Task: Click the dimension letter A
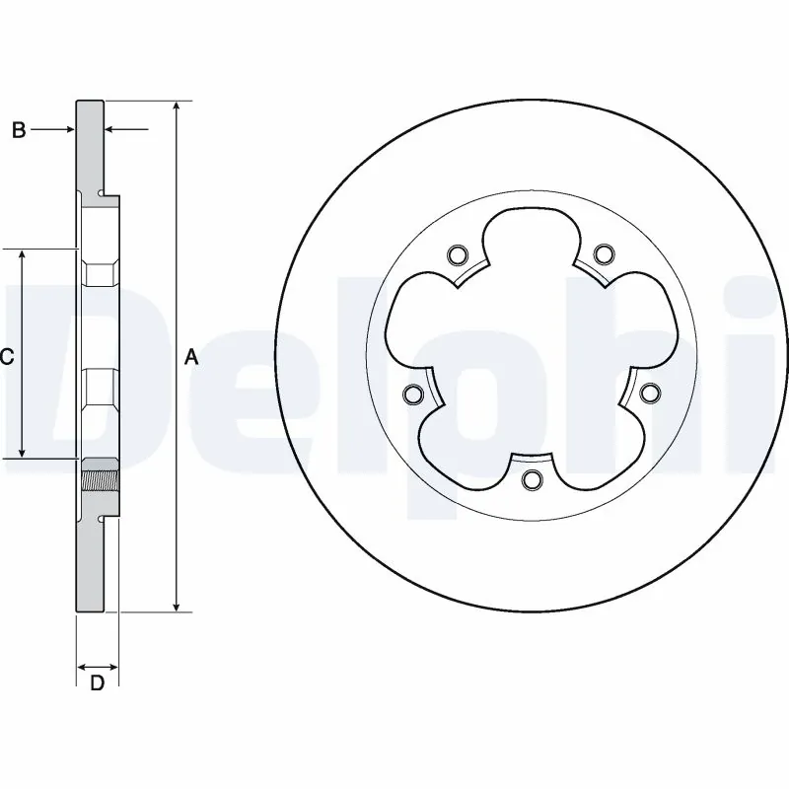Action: click(x=191, y=357)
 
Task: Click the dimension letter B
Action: click(x=19, y=129)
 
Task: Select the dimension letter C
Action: click(x=6, y=357)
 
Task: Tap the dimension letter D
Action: click(x=97, y=682)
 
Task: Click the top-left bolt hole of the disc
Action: click(x=456, y=256)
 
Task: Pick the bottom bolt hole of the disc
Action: click(x=532, y=480)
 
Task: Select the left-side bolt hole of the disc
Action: click(x=413, y=395)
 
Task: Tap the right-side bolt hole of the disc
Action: click(x=648, y=394)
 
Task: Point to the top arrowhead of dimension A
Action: click(x=177, y=106)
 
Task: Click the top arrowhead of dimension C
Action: click(x=22, y=254)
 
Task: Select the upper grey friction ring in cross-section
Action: click(x=90, y=143)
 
